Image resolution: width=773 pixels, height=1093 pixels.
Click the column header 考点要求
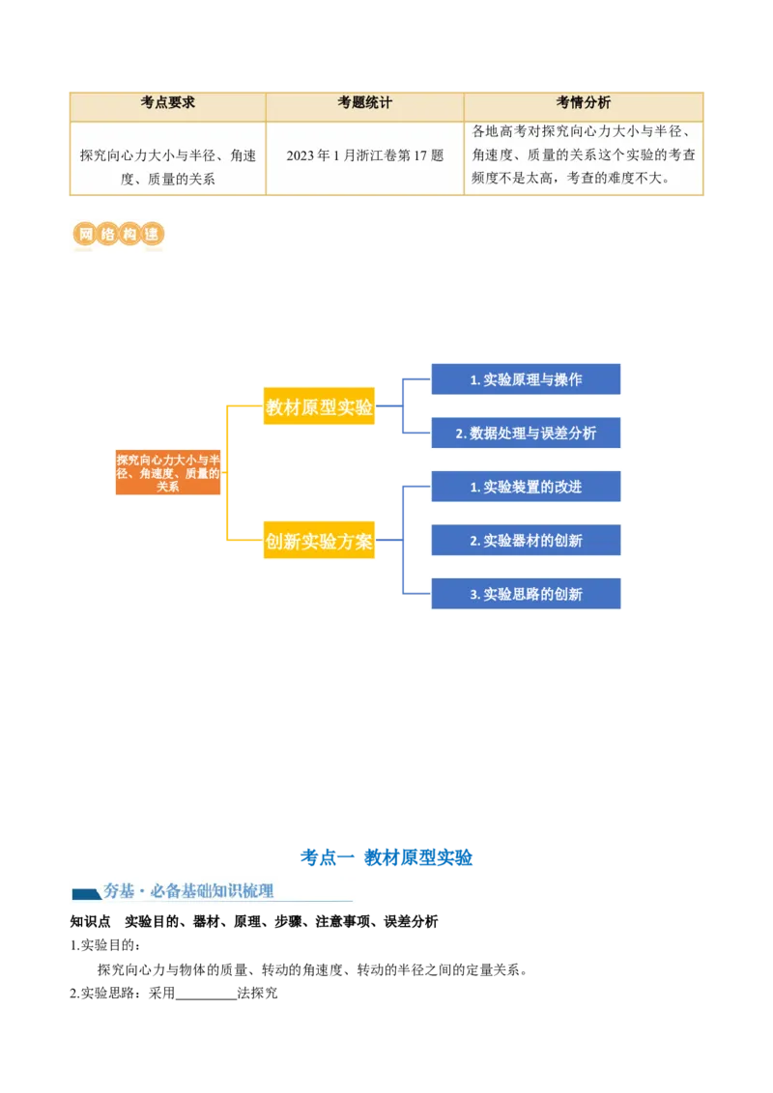[x=168, y=103]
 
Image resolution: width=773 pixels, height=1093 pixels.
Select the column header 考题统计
[x=364, y=103]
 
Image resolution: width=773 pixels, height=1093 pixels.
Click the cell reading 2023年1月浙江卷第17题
[x=364, y=155]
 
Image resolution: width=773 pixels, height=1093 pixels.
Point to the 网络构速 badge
[x=116, y=236]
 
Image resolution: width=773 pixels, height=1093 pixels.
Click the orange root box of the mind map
[x=168, y=473]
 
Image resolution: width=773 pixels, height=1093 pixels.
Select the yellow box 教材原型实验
[x=319, y=407]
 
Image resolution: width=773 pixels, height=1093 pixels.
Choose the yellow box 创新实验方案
[x=319, y=542]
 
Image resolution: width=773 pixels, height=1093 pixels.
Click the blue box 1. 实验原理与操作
[x=526, y=379]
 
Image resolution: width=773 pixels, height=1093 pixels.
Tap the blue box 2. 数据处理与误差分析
[x=526, y=434]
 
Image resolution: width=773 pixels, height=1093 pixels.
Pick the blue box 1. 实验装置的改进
[x=526, y=488]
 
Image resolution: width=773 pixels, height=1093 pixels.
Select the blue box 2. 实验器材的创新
[x=526, y=541]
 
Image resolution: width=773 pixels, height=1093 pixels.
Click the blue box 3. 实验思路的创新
[x=526, y=595]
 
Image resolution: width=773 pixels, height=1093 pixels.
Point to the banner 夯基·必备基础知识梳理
[x=213, y=891]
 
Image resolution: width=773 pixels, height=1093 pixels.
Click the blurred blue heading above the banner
[x=386, y=855]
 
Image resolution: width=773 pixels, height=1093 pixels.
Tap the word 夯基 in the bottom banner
[x=119, y=891]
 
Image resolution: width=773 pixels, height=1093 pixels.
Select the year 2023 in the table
[x=301, y=155]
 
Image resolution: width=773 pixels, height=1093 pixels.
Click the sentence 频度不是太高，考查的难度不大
[x=585, y=179]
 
